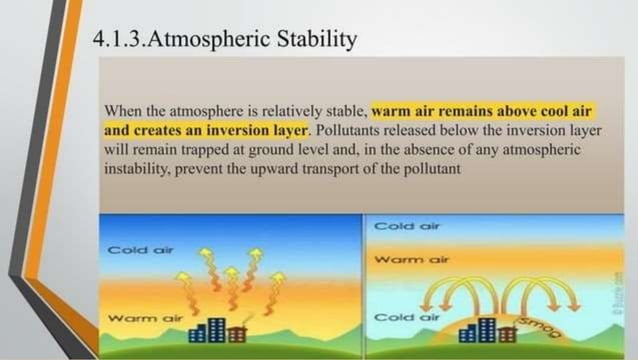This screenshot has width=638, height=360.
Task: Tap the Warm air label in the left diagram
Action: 137,317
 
